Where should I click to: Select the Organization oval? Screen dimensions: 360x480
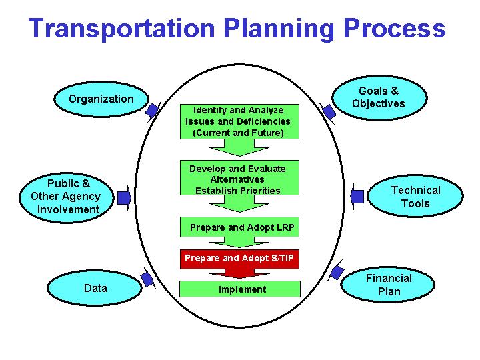tap(100, 99)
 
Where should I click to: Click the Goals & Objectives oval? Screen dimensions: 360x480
tap(378, 97)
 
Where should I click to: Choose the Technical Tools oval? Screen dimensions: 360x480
tap(415, 197)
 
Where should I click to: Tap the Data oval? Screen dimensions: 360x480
tap(95, 289)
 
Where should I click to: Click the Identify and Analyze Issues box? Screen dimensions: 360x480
tap(238, 121)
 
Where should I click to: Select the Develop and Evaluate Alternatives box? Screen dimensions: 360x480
tap(238, 179)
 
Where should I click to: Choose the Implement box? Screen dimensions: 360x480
tap(240, 289)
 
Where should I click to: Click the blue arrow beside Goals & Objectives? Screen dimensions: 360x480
tap(327, 111)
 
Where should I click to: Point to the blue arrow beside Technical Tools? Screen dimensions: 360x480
tap(357, 196)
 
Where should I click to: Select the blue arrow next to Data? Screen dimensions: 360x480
tap(147, 278)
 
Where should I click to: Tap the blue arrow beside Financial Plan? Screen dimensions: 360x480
tap(337, 272)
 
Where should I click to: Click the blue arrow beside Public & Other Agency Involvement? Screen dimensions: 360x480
tap(124, 197)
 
